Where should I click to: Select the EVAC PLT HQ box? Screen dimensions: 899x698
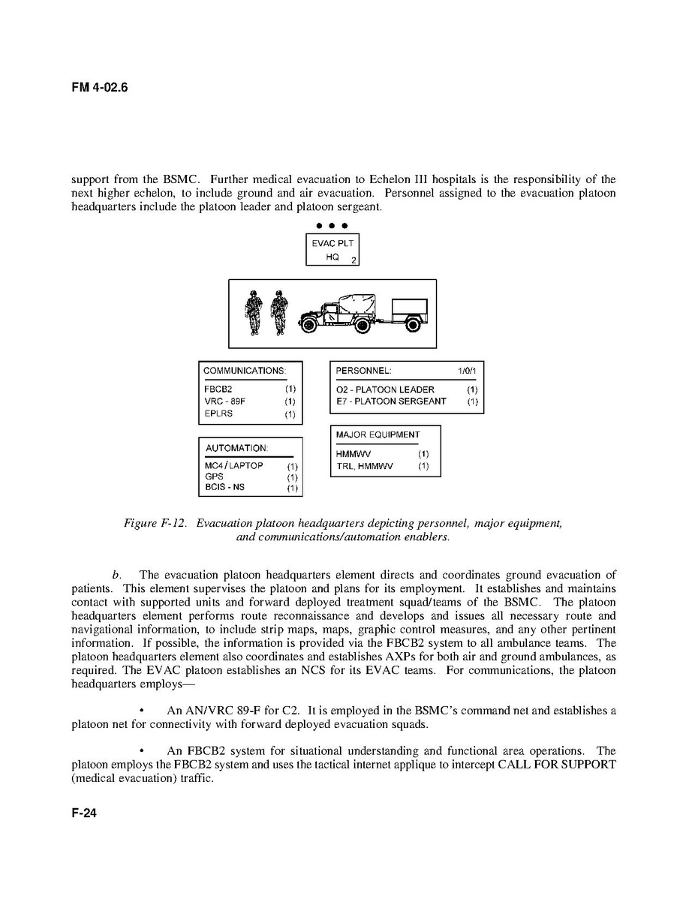[x=332, y=250]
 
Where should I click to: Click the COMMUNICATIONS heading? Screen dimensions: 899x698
[x=244, y=371]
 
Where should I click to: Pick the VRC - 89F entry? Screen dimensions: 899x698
[x=224, y=401]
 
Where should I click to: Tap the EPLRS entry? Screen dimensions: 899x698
[x=218, y=413]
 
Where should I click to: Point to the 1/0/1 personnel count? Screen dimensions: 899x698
[x=467, y=371]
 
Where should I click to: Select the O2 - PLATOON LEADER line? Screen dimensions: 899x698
[x=385, y=389]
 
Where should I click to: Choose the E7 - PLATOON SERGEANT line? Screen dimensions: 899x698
[x=391, y=401]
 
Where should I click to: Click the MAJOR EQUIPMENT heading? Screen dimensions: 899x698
[x=378, y=434]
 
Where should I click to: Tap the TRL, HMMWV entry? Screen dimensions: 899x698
[x=365, y=466]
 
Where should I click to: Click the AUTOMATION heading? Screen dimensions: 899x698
[x=236, y=448]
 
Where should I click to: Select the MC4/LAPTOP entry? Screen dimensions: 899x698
[x=234, y=466]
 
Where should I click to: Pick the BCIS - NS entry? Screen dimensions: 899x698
[x=225, y=488]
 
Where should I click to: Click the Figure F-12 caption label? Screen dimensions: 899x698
[x=157, y=523]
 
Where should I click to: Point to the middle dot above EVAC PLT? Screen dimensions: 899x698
[x=332, y=225]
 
